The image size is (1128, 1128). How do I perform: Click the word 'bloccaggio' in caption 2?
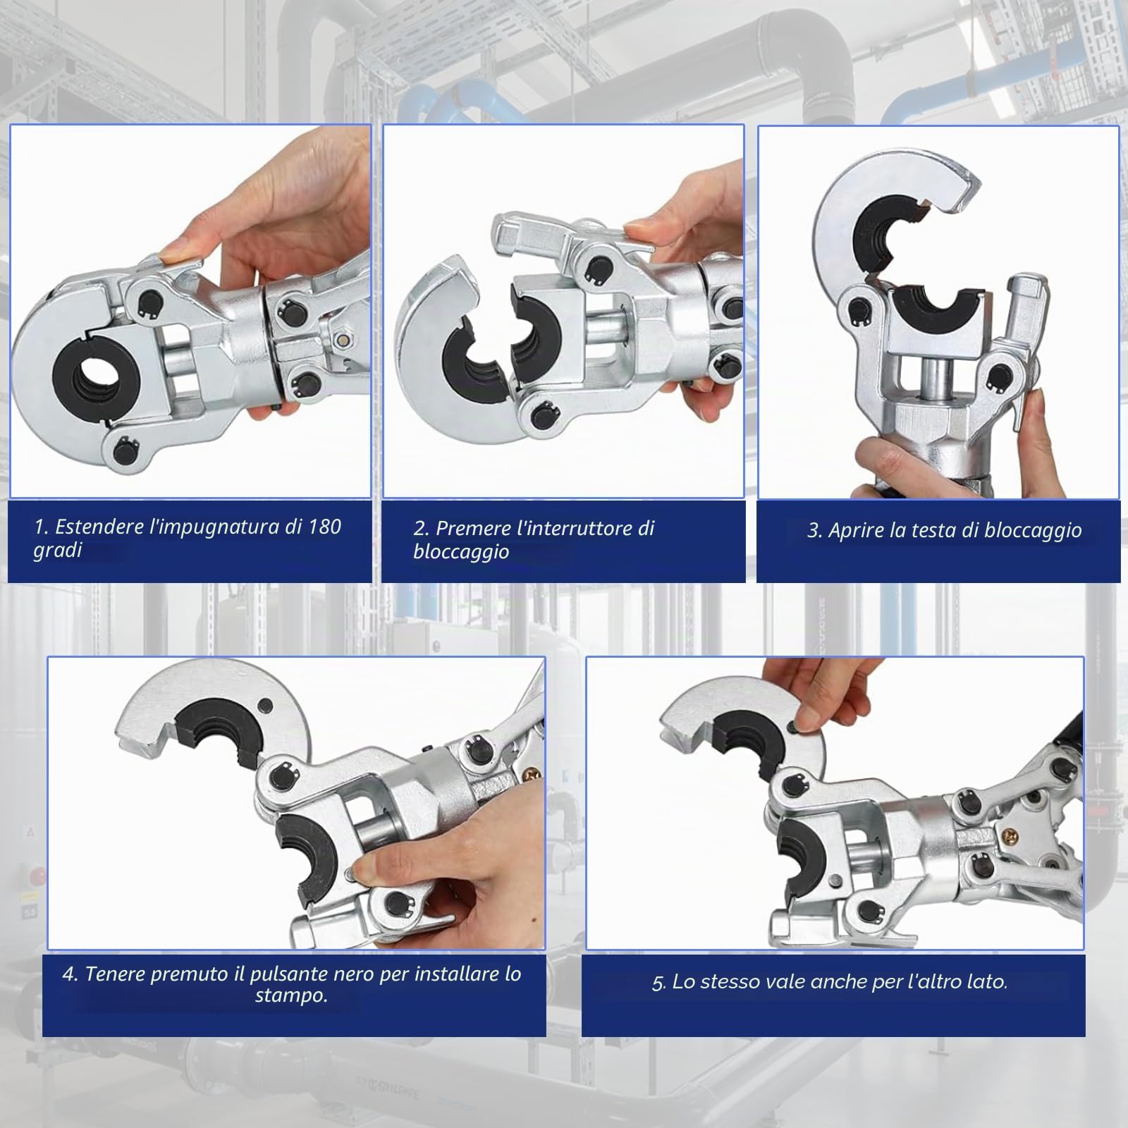coord(461,551)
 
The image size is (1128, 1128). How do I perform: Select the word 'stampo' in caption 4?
coord(290,996)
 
